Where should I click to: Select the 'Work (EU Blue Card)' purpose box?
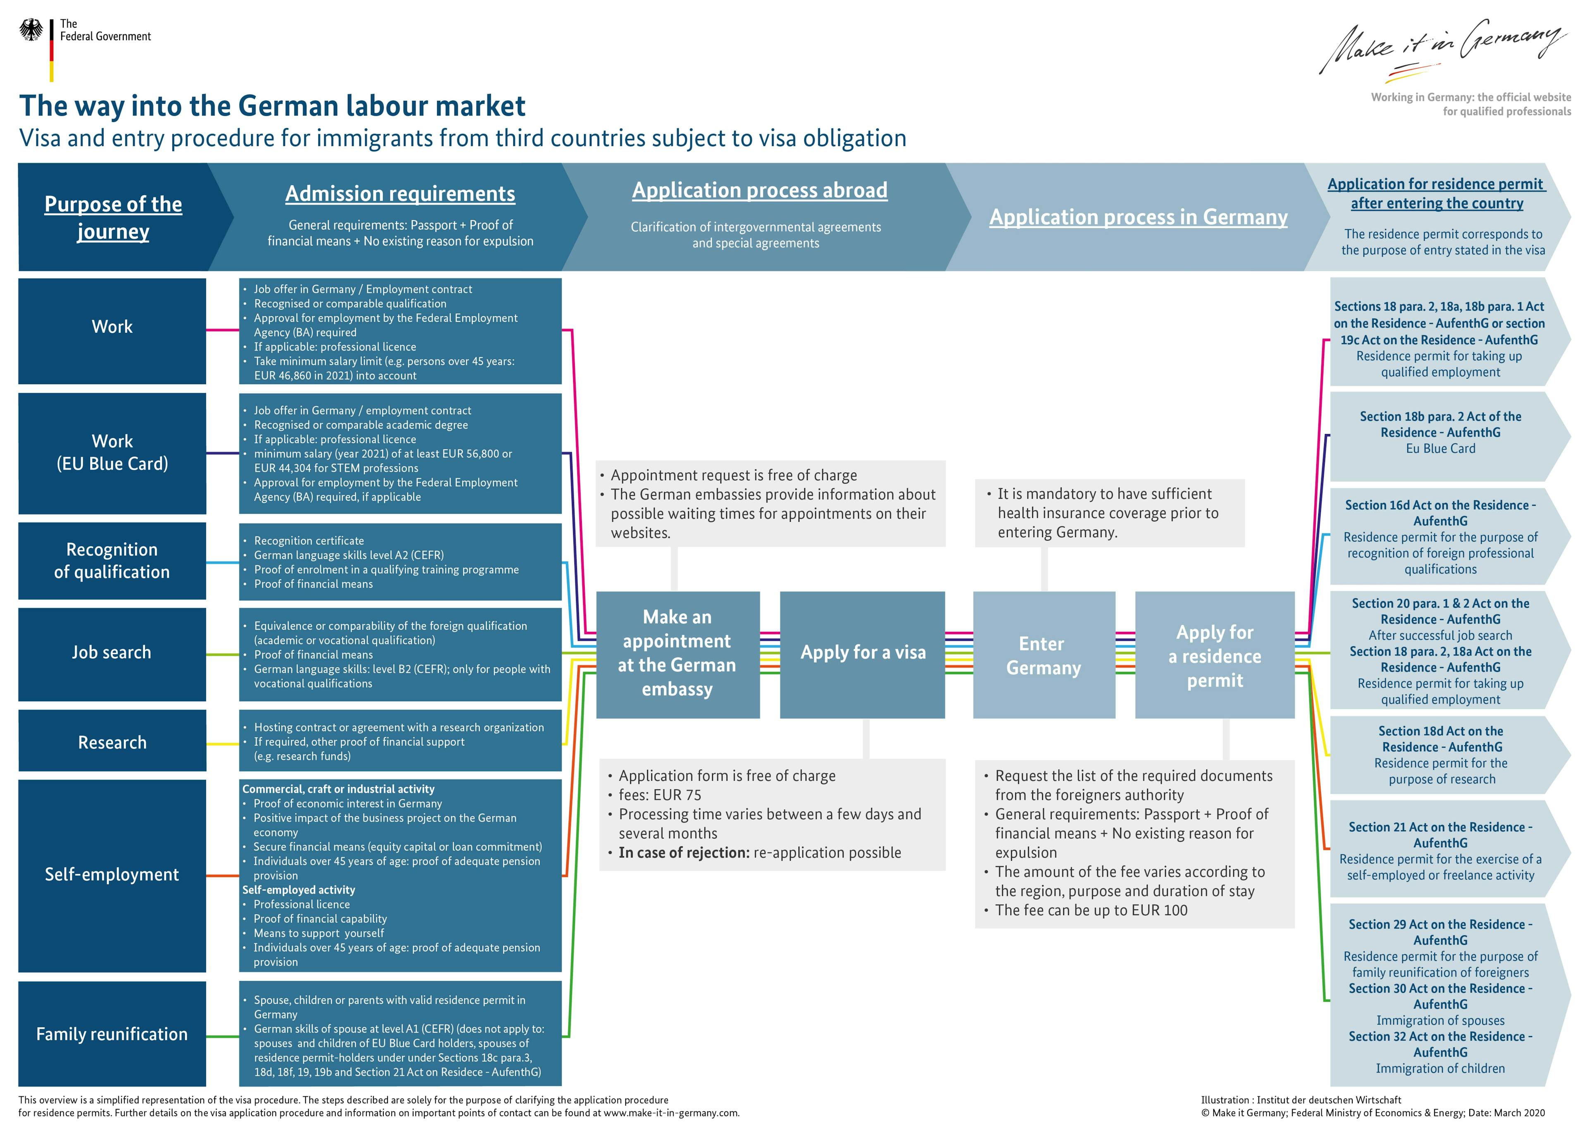112,453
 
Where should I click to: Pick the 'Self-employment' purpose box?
112,875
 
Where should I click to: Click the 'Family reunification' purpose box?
112,1034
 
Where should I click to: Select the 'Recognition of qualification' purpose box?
112,561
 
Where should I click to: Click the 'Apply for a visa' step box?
863,653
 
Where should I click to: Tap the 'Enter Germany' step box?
1044,655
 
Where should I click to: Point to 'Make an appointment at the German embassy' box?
677,653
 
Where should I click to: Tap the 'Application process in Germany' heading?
1138,217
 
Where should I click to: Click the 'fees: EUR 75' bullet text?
660,795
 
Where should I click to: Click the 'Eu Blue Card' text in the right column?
1441,449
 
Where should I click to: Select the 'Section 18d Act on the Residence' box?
1441,755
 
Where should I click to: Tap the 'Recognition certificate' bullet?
309,541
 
